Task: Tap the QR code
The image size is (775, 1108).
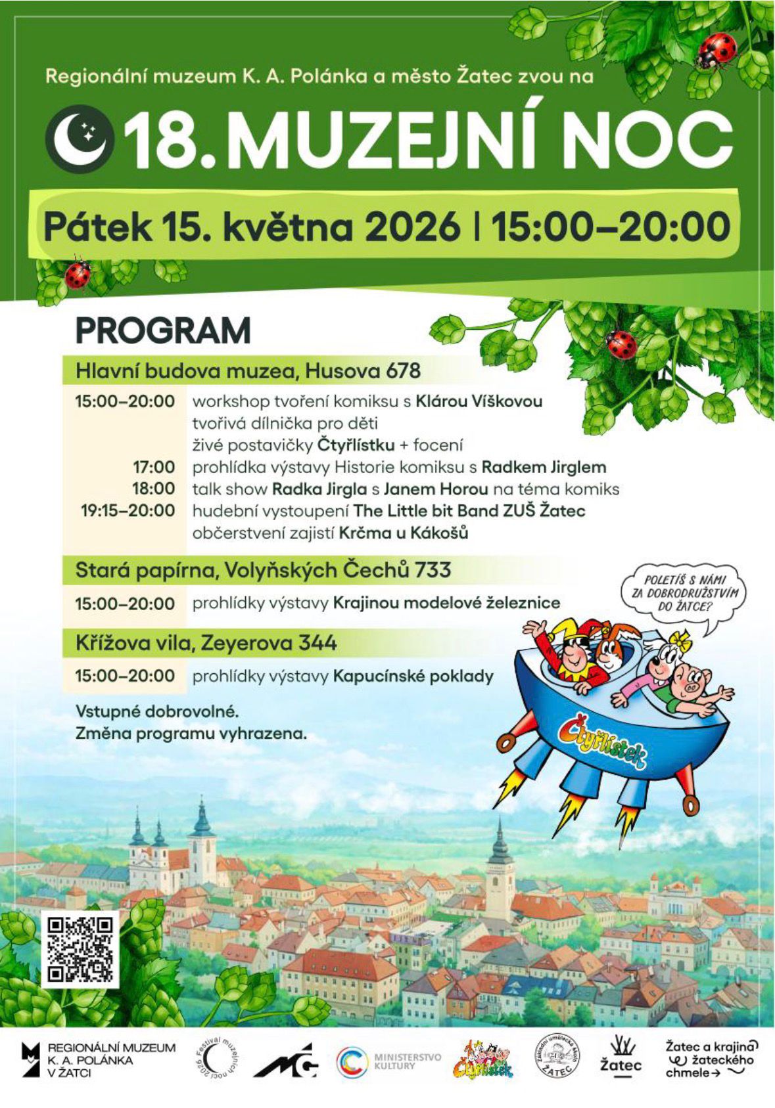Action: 80,948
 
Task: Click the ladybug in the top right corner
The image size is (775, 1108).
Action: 715,51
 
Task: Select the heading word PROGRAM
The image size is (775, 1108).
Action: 163,330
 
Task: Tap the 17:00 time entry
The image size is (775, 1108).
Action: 154,467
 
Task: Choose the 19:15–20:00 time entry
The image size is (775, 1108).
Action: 128,510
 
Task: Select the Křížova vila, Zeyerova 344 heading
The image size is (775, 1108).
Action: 206,642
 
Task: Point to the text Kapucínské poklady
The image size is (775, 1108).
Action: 413,676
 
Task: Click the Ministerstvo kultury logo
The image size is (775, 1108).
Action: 388,1061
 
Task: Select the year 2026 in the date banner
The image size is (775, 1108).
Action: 413,227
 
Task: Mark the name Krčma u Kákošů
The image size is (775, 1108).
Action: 404,533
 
